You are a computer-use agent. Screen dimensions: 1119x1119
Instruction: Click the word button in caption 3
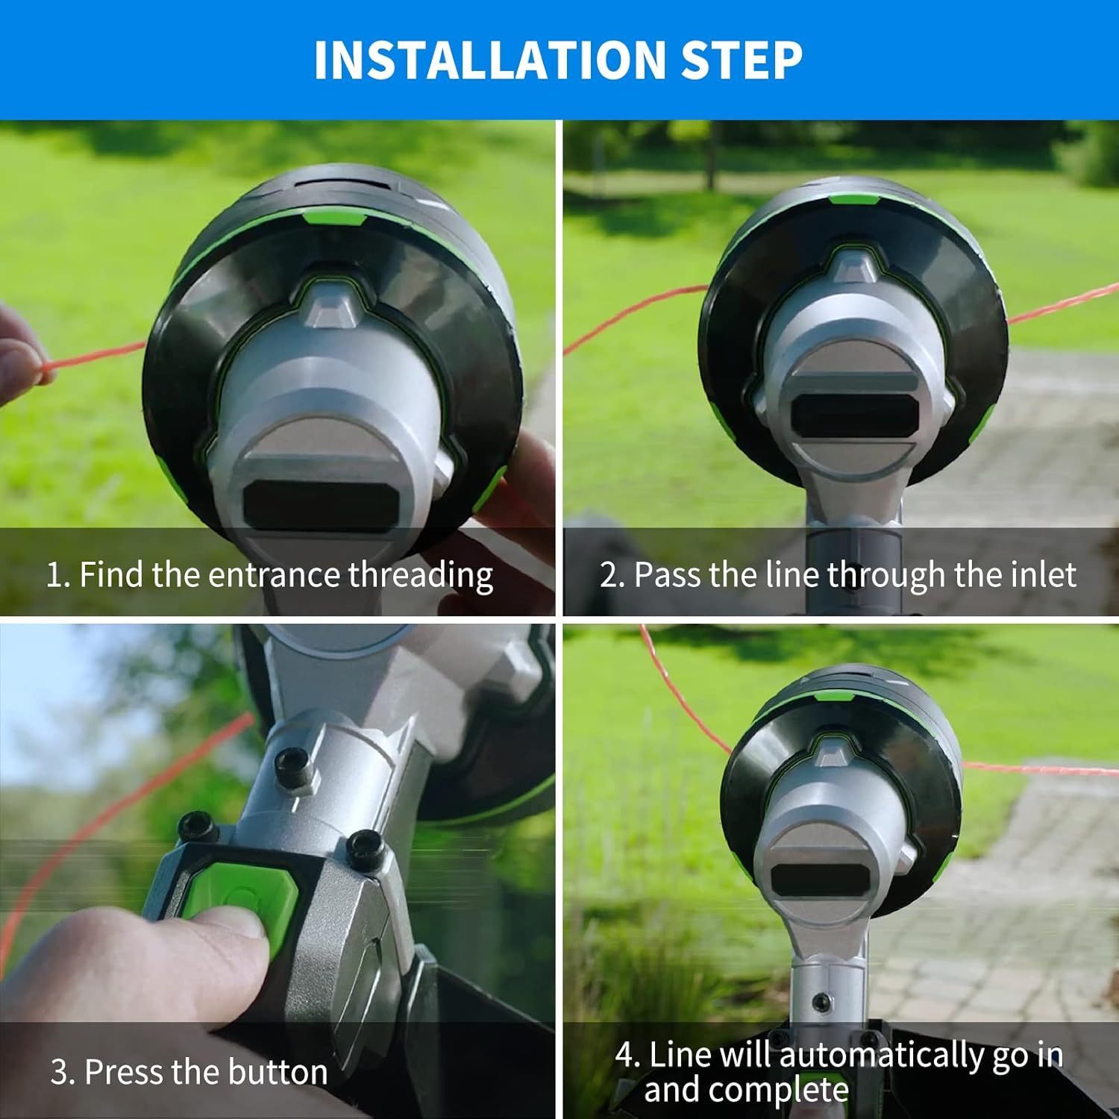[278, 1072]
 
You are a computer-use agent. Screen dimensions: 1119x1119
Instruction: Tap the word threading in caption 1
[421, 576]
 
